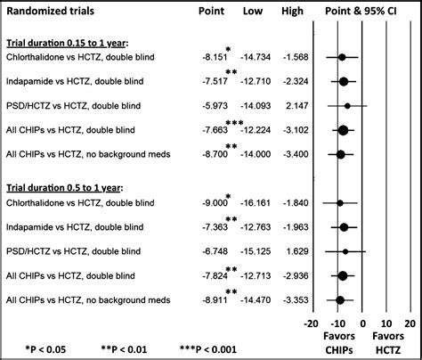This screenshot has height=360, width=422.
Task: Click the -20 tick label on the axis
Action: (311, 323)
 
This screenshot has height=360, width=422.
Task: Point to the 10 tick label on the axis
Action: (387, 323)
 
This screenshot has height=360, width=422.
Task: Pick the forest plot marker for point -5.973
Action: (348, 105)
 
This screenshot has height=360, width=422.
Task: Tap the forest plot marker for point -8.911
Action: (341, 300)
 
